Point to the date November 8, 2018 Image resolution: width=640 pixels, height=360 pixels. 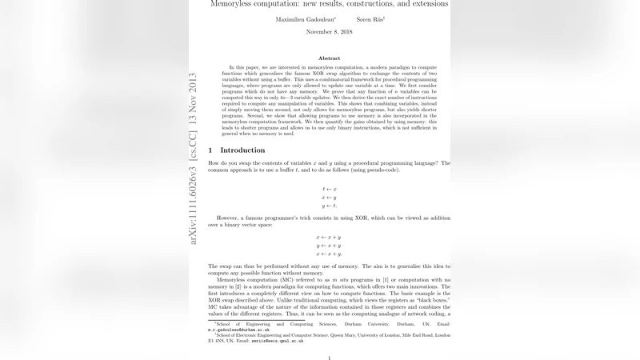click(x=329, y=32)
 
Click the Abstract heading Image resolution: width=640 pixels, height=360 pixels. click(x=329, y=58)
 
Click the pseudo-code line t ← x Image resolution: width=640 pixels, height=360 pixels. click(x=329, y=189)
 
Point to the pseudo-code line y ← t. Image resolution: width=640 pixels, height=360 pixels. click(x=329, y=206)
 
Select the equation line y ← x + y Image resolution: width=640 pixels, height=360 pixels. click(x=329, y=246)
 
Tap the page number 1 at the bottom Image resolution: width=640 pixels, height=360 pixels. click(x=329, y=358)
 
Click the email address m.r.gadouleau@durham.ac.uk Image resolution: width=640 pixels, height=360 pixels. click(x=238, y=330)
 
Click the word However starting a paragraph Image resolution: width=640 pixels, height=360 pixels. click(x=234, y=218)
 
